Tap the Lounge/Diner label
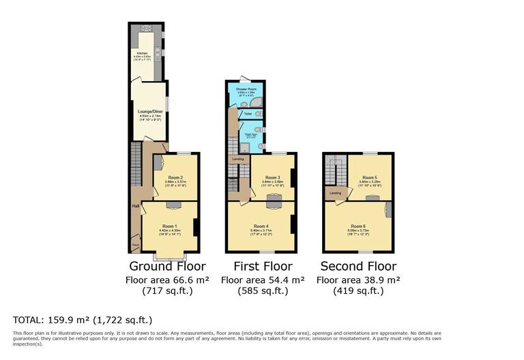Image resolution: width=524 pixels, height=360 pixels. pyautogui.click(x=150, y=111)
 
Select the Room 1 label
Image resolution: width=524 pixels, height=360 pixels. pyautogui.click(x=169, y=226)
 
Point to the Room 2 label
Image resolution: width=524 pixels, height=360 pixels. pyautogui.click(x=175, y=177)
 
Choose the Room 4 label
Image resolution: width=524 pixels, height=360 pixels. pyautogui.click(x=261, y=226)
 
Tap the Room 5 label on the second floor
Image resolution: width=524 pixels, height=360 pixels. pyautogui.click(x=370, y=177)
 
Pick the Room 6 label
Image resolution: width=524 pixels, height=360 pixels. pyautogui.click(x=358, y=226)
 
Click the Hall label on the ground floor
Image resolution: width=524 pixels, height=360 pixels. pyautogui.click(x=136, y=205)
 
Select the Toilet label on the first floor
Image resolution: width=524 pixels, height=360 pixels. pyautogui.click(x=248, y=113)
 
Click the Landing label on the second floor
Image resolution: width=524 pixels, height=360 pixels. pyautogui.click(x=335, y=193)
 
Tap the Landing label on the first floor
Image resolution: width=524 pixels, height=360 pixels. pyautogui.click(x=237, y=159)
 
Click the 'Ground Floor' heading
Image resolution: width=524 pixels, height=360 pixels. pyautogui.click(x=167, y=266)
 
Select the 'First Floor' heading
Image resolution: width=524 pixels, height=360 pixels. pyautogui.click(x=263, y=266)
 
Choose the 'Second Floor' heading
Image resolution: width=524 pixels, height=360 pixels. pyautogui.click(x=358, y=266)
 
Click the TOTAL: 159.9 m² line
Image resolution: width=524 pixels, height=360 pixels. pyautogui.click(x=83, y=319)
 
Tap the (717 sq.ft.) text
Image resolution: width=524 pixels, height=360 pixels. pyautogui.click(x=167, y=291)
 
